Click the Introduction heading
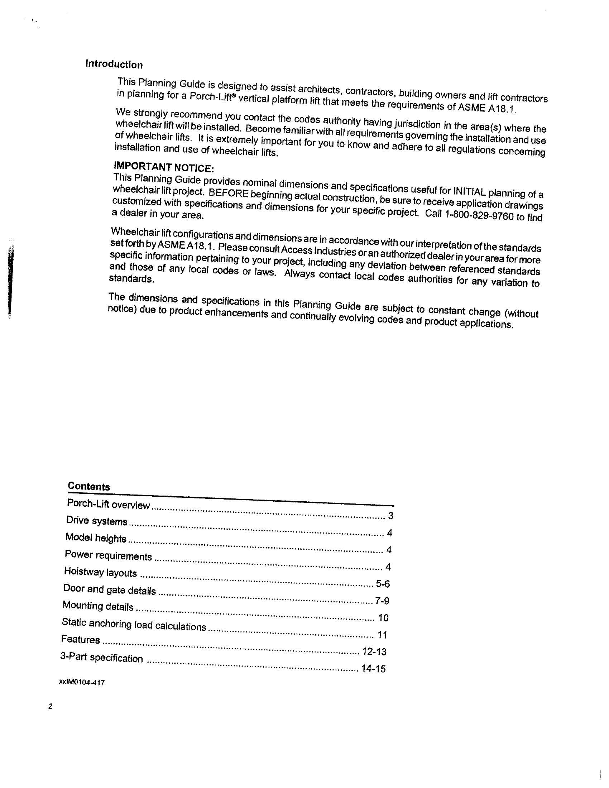pos(114,65)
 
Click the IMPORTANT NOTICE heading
pos(164,167)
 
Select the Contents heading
pos(89,486)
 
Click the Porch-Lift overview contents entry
pos(108,504)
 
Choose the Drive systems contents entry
pos(97,521)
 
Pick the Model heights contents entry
pos(96,538)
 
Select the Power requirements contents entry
pos(108,555)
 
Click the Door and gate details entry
pos(109,589)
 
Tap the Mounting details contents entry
pos(98,606)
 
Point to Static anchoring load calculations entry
pos(134,624)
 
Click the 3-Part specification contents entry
pos(101,658)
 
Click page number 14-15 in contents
pos(373,669)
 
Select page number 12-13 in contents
pos(374,651)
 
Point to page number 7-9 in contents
pos(382,601)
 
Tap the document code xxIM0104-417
pos(82,683)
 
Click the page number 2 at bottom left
pos(50,706)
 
